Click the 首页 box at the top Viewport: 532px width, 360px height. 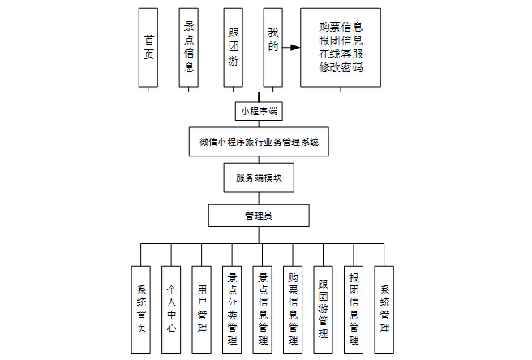tap(148, 47)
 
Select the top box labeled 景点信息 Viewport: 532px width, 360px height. tap(188, 47)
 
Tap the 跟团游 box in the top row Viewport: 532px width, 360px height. tap(234, 47)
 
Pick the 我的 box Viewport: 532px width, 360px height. tap(272, 47)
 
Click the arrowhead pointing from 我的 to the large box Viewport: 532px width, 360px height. tap(294, 48)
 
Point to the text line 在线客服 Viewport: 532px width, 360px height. tap(341, 54)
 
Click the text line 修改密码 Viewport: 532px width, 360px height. tap(341, 67)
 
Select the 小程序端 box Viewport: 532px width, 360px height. tap(260, 110)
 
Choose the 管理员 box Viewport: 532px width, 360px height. tap(259, 216)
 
